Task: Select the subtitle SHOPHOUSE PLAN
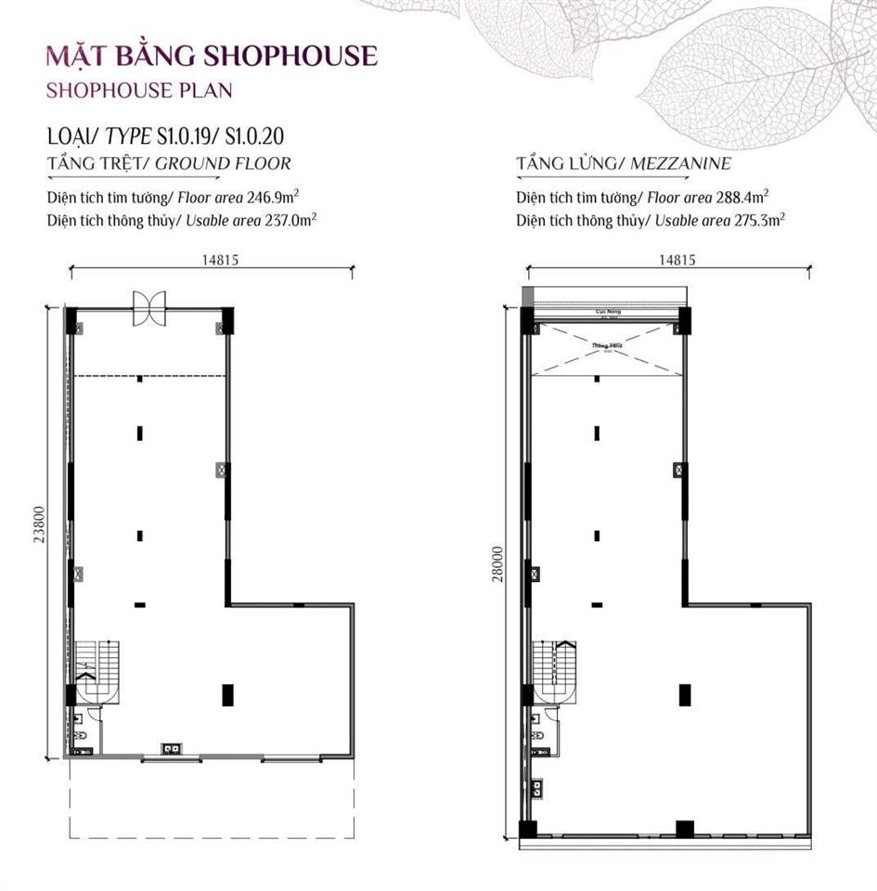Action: point(138,90)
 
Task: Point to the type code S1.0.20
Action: point(253,136)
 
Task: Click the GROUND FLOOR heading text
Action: point(223,164)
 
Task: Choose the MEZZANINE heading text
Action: point(680,164)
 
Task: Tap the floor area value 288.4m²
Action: point(740,198)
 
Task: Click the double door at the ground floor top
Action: point(148,307)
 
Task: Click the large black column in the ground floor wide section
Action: point(226,693)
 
